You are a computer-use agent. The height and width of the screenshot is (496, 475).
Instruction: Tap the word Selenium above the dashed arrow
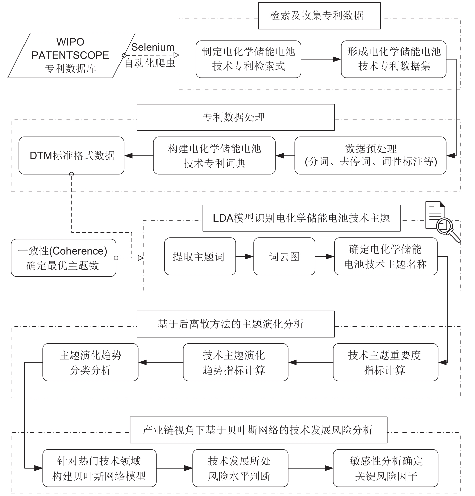pyautogui.click(x=152, y=47)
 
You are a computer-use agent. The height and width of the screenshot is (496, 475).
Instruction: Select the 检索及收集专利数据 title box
pyautogui.click(x=319, y=16)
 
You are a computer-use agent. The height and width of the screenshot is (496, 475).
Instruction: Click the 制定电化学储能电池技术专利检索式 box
pyautogui.click(x=248, y=59)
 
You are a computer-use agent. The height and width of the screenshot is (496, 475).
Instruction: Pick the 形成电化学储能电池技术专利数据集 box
pyautogui.click(x=393, y=59)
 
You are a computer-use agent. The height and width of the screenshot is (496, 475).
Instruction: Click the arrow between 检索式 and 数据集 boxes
pyautogui.click(x=321, y=59)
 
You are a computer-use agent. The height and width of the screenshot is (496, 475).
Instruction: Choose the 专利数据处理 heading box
pyautogui.click(x=235, y=117)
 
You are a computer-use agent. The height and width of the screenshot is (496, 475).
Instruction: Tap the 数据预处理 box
pyautogui.click(x=370, y=156)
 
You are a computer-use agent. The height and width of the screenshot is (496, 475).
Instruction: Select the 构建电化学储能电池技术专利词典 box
pyautogui.click(x=214, y=156)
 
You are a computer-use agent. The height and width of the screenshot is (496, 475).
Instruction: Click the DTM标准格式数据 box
pyautogui.click(x=72, y=156)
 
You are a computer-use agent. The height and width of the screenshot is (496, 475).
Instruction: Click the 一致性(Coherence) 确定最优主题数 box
pyautogui.click(x=63, y=258)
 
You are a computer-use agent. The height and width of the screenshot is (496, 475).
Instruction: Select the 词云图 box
pyautogui.click(x=284, y=257)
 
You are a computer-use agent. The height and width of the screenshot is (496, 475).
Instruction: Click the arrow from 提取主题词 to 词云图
pyautogui.click(x=244, y=257)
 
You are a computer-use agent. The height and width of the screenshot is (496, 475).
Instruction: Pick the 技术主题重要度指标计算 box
pyautogui.click(x=385, y=362)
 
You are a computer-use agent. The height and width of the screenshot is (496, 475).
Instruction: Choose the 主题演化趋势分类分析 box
pyautogui.click(x=90, y=362)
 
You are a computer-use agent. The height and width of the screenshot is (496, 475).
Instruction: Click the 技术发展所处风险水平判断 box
pyautogui.click(x=240, y=468)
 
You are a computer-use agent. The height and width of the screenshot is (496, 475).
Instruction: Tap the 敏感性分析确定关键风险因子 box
pyautogui.click(x=385, y=468)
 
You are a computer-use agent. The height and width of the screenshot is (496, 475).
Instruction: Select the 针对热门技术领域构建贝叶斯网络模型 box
pyautogui.click(x=99, y=468)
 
